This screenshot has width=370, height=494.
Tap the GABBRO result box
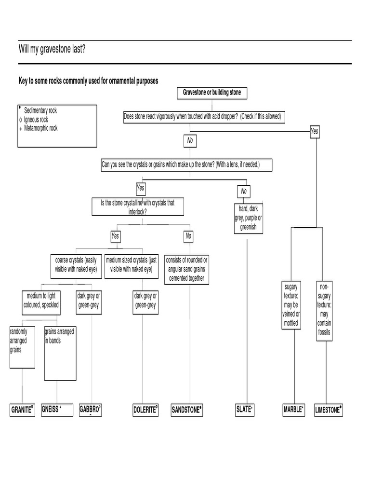point(90,410)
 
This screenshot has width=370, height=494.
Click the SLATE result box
point(246,410)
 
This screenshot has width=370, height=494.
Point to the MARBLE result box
point(294,410)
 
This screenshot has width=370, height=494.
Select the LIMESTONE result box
point(328,410)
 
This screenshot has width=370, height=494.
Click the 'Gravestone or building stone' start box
point(212,92)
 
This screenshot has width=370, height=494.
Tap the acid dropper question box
point(202,117)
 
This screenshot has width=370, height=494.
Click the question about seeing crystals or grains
point(187,165)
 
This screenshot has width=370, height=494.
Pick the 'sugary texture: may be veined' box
point(291,305)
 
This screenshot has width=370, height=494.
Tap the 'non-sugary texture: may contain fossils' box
point(324,310)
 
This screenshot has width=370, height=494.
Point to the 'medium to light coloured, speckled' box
point(41,301)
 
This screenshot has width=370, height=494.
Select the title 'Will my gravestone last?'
point(53,48)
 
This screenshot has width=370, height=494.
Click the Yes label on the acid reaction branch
point(315,131)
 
